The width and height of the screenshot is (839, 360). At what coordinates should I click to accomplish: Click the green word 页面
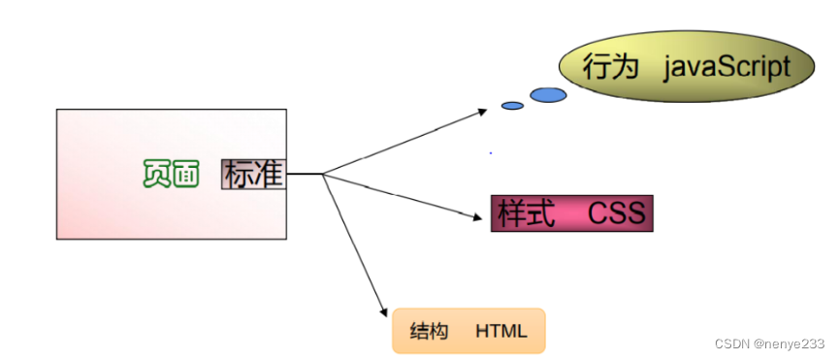click(x=171, y=174)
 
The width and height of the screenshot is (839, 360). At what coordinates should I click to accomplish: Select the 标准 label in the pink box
click(x=253, y=174)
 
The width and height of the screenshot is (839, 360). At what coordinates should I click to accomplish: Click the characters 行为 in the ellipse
click(x=609, y=67)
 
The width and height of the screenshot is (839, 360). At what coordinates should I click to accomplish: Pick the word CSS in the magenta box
click(x=616, y=213)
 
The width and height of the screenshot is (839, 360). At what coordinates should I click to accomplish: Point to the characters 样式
click(x=527, y=213)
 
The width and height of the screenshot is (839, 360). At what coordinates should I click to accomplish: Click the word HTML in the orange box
click(x=501, y=331)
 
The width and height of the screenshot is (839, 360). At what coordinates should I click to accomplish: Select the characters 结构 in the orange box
click(x=430, y=331)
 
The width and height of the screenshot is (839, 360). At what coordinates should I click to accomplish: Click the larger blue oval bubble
click(x=548, y=94)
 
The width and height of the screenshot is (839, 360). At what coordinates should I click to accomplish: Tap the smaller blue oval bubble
click(x=512, y=105)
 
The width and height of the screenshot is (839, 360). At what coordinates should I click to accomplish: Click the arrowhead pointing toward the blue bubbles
click(x=483, y=111)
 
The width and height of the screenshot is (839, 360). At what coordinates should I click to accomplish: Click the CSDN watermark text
click(x=733, y=344)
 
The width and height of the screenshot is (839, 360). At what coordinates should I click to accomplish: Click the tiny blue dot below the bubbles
click(x=491, y=152)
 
